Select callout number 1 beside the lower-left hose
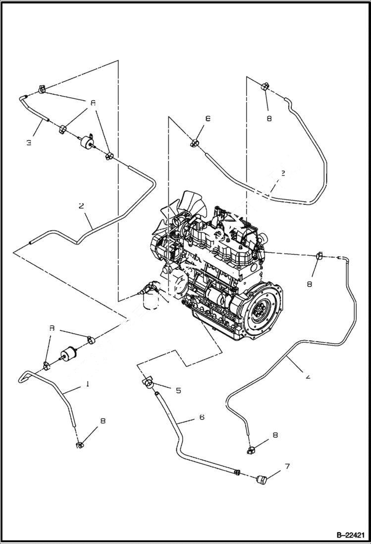click(x=87, y=384)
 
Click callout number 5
click(x=178, y=390)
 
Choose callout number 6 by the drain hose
click(x=202, y=417)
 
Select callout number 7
click(x=287, y=466)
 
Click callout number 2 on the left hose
click(x=81, y=205)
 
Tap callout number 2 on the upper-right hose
click(x=283, y=174)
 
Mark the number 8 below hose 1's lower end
click(x=103, y=421)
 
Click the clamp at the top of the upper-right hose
click(x=264, y=87)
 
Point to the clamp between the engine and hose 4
click(x=319, y=256)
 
